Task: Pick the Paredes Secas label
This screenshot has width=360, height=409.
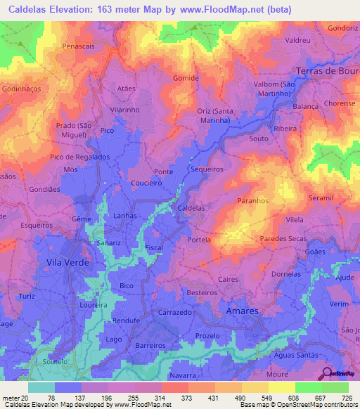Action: click(283, 239)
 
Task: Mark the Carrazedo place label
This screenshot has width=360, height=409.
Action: click(175, 311)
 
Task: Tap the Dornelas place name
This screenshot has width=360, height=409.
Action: click(286, 273)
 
